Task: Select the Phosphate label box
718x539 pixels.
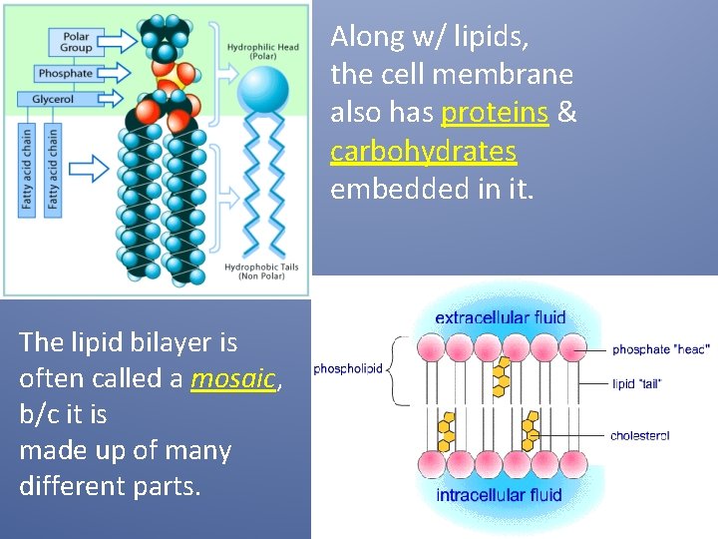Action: point(66,74)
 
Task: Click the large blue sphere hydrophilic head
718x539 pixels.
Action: point(263,91)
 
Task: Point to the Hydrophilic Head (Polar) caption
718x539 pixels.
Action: point(263,52)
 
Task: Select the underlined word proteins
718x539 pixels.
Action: point(494,113)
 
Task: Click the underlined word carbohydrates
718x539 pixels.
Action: point(423,151)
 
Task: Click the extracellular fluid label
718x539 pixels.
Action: point(501,318)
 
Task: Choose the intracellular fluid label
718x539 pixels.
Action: point(499,495)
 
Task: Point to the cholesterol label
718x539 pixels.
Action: point(639,435)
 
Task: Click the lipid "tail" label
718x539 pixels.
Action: point(636,383)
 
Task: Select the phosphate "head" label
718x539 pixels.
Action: point(660,349)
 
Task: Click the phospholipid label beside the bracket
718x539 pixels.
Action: point(348,367)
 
